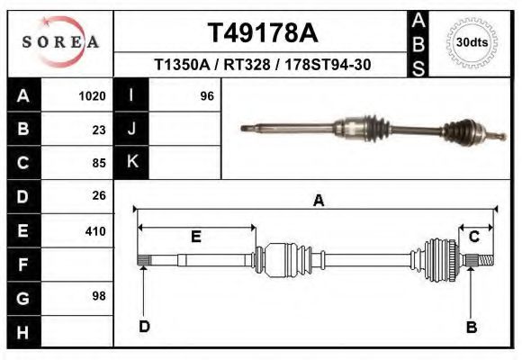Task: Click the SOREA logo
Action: click(x=59, y=40)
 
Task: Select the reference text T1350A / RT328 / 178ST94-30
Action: click(x=263, y=66)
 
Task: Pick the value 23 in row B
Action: click(x=99, y=130)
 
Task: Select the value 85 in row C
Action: click(x=99, y=164)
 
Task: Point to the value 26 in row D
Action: click(x=99, y=195)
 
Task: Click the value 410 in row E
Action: click(x=95, y=231)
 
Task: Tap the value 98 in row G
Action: click(x=99, y=296)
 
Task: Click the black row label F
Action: click(x=23, y=265)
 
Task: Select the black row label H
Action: click(x=23, y=331)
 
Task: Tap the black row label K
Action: click(x=131, y=162)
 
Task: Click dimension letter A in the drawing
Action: click(x=317, y=202)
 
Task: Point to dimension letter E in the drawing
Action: click(x=195, y=237)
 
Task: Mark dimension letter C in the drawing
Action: click(x=473, y=236)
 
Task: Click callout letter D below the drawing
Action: click(x=143, y=327)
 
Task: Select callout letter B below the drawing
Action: click(x=471, y=328)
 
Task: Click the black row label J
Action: click(x=131, y=130)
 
